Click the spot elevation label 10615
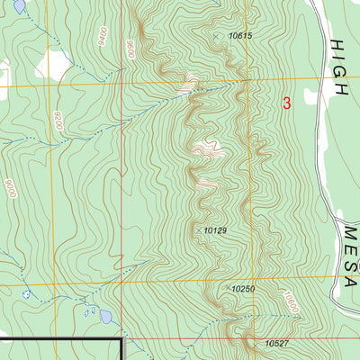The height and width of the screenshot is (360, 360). pyautogui.click(x=240, y=36)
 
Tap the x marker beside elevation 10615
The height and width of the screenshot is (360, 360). pyautogui.click(x=217, y=36)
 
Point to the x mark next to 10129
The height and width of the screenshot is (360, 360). pyautogui.click(x=198, y=230)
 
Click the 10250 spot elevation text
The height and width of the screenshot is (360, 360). pyautogui.click(x=243, y=289)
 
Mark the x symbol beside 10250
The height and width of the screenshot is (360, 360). pyautogui.click(x=225, y=289)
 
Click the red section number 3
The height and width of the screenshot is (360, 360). pyautogui.click(x=287, y=103)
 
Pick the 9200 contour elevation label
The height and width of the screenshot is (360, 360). pyautogui.click(x=58, y=121)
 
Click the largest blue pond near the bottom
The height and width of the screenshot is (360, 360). pyautogui.click(x=106, y=317)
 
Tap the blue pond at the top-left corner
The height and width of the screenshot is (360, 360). pyautogui.click(x=19, y=5)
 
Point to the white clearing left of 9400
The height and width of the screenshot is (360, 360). pyautogui.click(x=54, y=63)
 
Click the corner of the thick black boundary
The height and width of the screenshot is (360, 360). pyautogui.click(x=121, y=337)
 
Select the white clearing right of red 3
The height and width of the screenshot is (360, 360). pyautogui.click(x=312, y=96)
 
